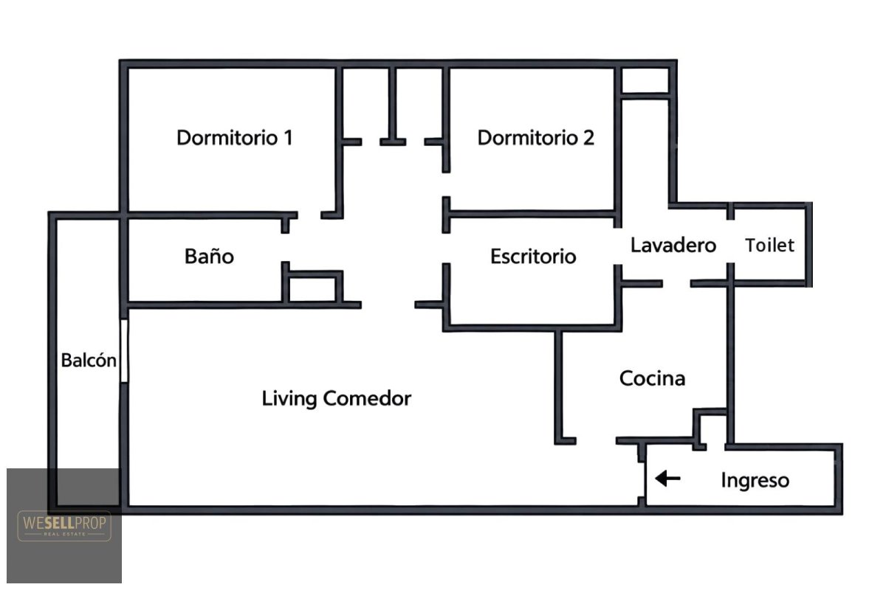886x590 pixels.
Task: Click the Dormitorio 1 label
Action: pos(235,138)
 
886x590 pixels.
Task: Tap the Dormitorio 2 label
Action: pos(536,138)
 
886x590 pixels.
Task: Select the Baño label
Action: pos(209,256)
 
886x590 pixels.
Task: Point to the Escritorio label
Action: pos(533,257)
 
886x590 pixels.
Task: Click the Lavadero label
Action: pos(673,246)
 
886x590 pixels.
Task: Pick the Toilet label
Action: pos(769,246)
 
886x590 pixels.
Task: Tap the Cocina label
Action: pos(652,378)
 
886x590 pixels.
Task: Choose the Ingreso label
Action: pos(755,481)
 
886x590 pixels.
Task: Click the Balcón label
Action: pos(89,361)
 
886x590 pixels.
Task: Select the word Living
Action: pos(289,399)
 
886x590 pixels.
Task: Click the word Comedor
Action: pos(367,398)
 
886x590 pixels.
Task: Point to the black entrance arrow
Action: pos(667,479)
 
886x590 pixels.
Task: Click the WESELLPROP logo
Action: pos(64,526)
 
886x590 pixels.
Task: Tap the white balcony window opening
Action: pos(124,351)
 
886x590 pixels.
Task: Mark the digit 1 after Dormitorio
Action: pos(289,138)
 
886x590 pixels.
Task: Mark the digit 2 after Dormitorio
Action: pos(588,138)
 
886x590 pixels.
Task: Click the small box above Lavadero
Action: pos(645,80)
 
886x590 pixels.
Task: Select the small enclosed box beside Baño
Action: pos(312,289)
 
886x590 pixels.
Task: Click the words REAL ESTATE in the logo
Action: pos(64,534)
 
